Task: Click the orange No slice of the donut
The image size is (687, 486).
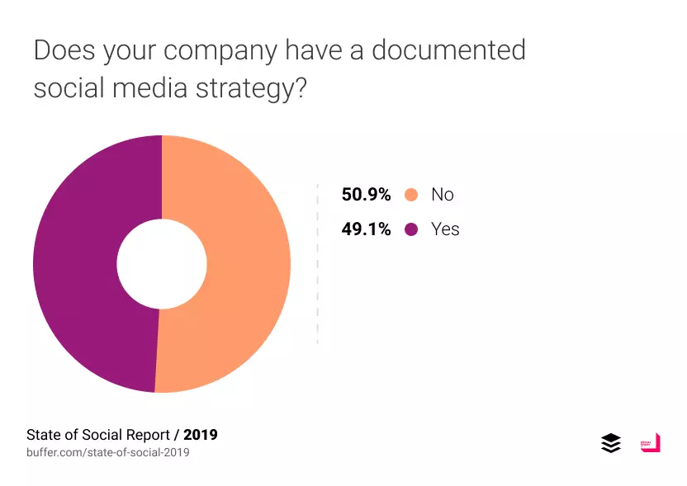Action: pyautogui.click(x=248, y=264)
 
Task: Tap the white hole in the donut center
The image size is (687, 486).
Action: pyautogui.click(x=162, y=264)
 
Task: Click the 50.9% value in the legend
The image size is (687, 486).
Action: pyautogui.click(x=366, y=195)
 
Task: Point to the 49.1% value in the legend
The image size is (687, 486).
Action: pyautogui.click(x=366, y=229)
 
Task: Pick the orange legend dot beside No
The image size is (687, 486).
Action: pyautogui.click(x=411, y=195)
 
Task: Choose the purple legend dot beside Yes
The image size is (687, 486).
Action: pyautogui.click(x=411, y=229)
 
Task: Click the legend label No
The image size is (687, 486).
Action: pyautogui.click(x=443, y=195)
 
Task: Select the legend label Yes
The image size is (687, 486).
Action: pyautogui.click(x=445, y=229)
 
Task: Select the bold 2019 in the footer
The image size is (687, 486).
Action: pyautogui.click(x=201, y=434)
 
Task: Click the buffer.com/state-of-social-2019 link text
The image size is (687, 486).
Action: pyautogui.click(x=108, y=452)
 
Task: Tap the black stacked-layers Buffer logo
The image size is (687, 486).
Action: pyautogui.click(x=611, y=443)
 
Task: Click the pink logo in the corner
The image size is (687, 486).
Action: pyautogui.click(x=651, y=442)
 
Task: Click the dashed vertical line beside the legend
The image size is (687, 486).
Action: pyautogui.click(x=318, y=264)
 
